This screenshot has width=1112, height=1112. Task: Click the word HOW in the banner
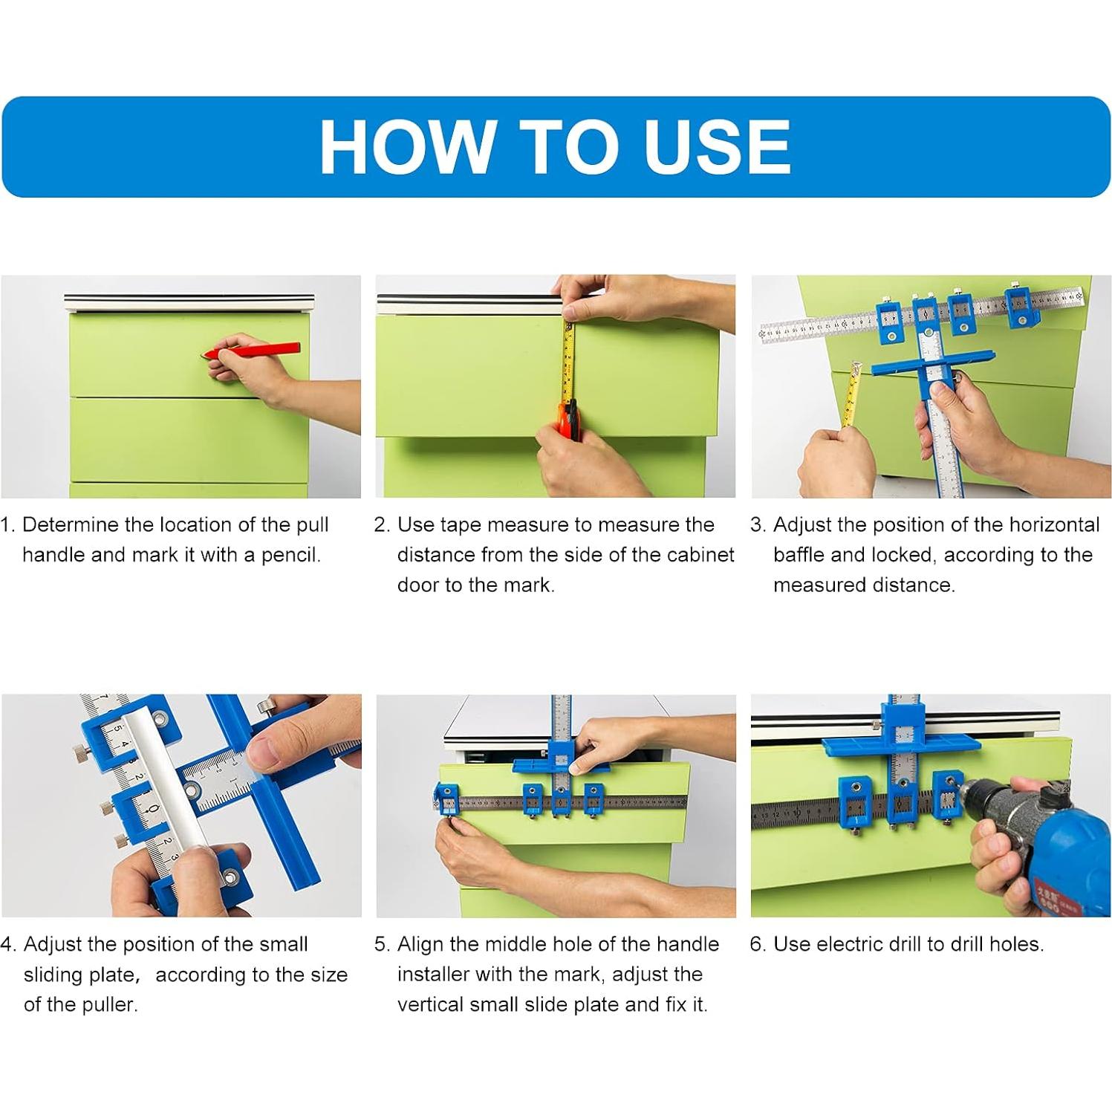pos(408,146)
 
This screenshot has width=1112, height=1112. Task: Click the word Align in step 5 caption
pos(420,944)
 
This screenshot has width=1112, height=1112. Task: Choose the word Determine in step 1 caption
pos(71,524)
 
